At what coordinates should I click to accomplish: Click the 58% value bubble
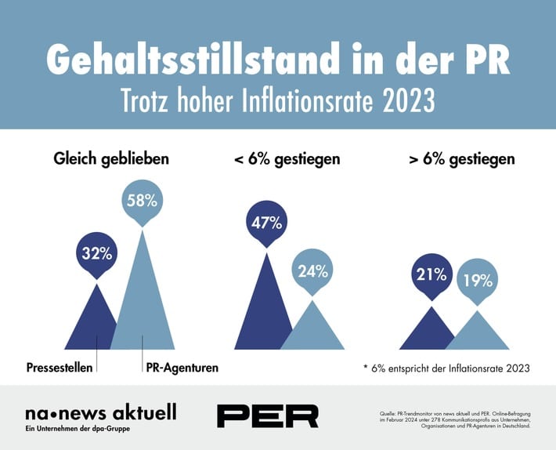coord(142,201)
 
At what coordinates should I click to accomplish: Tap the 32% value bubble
coord(97,252)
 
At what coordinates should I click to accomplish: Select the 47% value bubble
coord(266,222)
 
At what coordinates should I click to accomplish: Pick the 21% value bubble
coord(431,275)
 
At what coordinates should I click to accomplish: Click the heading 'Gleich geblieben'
coord(111,159)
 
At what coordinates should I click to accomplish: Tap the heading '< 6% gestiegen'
coord(287,159)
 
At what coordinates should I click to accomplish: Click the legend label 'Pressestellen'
coord(60,367)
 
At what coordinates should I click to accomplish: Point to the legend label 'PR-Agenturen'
coord(181,367)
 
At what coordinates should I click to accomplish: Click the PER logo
coord(267,416)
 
